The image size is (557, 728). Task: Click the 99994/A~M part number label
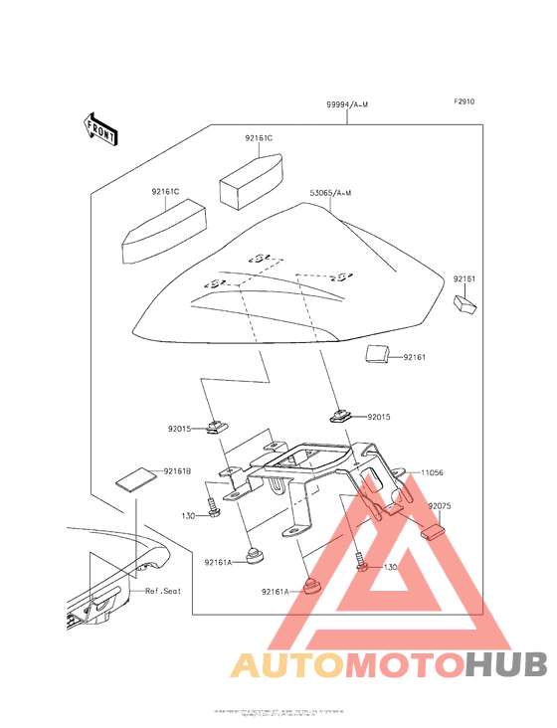[345, 104]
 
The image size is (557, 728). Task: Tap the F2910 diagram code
[465, 101]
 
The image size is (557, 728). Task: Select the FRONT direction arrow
[100, 128]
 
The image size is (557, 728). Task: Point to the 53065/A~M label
[332, 191]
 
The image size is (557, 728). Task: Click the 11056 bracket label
[433, 473]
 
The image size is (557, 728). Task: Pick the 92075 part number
[441, 506]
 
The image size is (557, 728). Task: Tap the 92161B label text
[177, 469]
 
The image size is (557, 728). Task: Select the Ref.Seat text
[163, 591]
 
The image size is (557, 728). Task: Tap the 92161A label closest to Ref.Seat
[219, 562]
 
